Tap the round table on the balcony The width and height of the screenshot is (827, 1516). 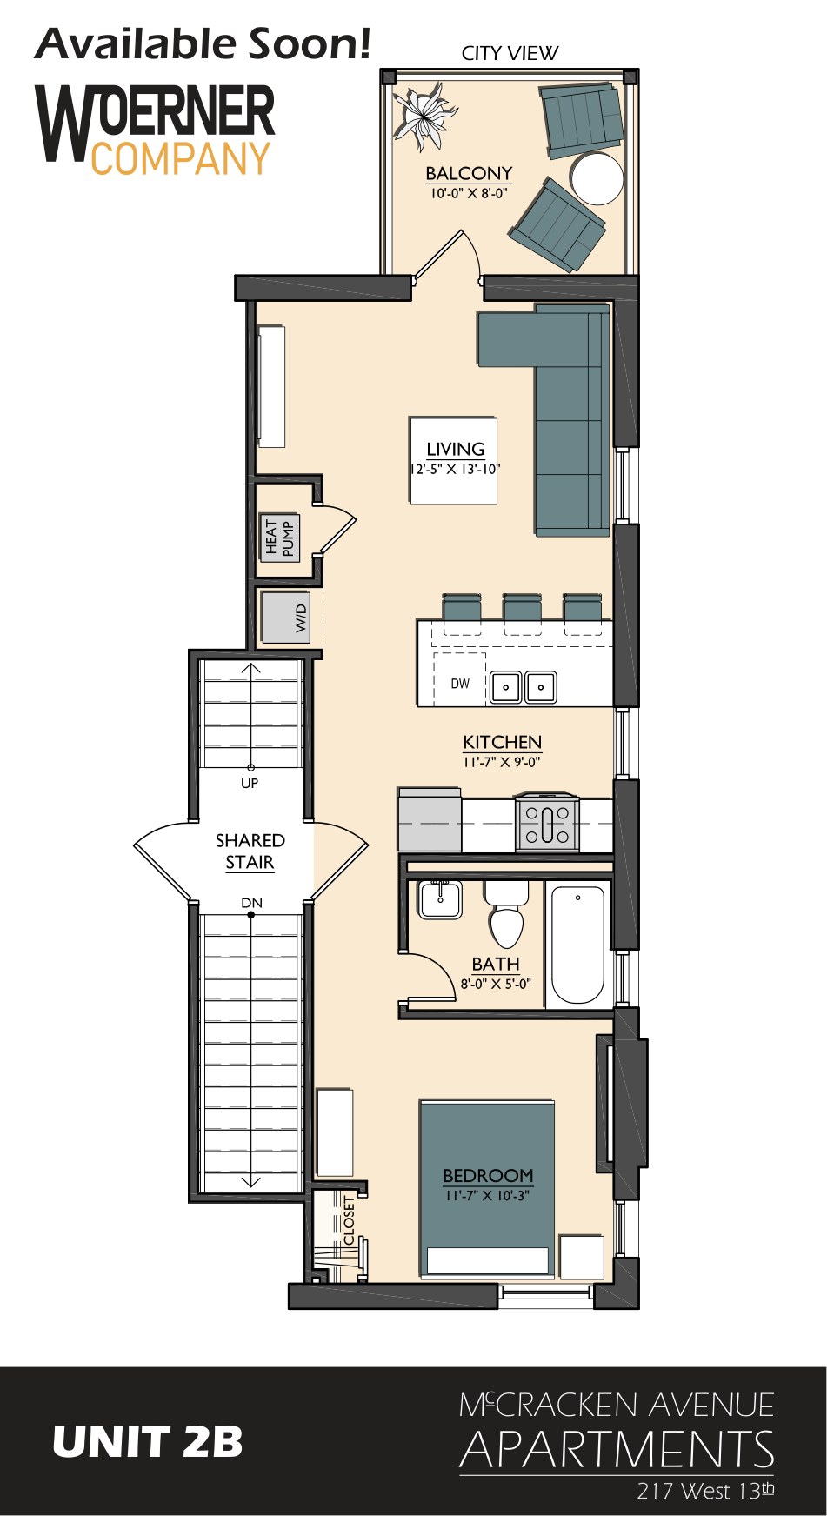tap(597, 178)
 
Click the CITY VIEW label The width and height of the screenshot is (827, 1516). tap(510, 53)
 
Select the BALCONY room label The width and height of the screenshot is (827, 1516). tap(469, 173)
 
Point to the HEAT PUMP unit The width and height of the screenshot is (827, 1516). tap(279, 538)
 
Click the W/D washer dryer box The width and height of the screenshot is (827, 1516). tap(285, 618)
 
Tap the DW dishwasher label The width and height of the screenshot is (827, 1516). tap(460, 684)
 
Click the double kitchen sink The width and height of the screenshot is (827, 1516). tap(523, 687)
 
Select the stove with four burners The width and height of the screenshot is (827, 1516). tap(546, 822)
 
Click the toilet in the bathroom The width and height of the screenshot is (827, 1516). tap(506, 914)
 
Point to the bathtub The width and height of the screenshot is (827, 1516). tap(577, 945)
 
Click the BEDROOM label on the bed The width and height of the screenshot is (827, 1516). tap(488, 1175)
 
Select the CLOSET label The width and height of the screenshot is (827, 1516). tap(350, 1220)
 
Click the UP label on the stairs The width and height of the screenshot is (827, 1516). tap(250, 783)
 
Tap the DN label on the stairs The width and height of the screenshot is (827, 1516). tap(251, 903)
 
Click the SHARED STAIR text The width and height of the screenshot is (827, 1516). tap(250, 851)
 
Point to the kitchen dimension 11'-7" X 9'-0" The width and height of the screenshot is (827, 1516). tap(502, 763)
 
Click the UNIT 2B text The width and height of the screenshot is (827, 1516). tap(148, 1442)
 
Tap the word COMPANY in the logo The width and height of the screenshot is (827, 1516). tap(181, 159)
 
